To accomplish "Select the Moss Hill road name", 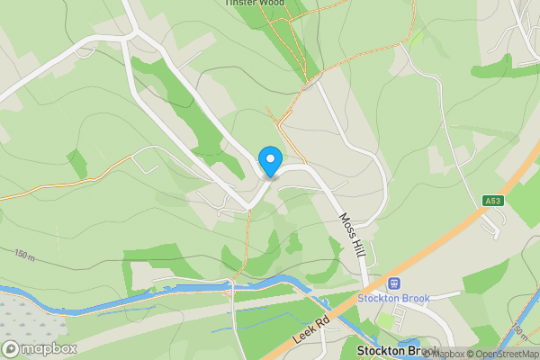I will point(352,232).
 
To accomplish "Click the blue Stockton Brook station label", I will point(394,298).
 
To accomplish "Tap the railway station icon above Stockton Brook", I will point(393,283).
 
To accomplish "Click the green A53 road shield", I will point(491,201).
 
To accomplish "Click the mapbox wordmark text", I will point(50,348).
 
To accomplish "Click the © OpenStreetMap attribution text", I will point(503,354).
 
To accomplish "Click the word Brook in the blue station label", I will point(415,298).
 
